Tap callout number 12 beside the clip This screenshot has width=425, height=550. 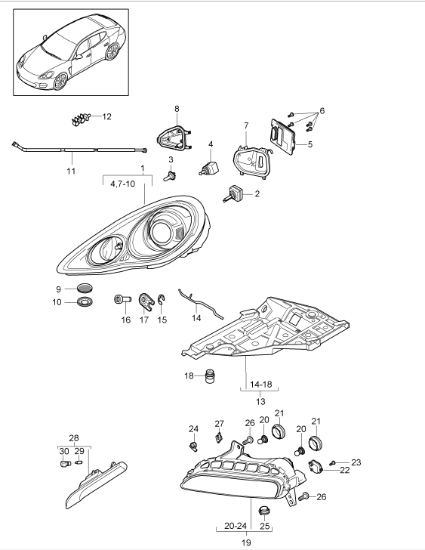[x=106, y=116]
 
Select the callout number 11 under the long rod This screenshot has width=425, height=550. [x=70, y=172]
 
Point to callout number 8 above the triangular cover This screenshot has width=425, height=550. [x=177, y=110]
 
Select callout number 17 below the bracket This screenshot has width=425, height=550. [x=143, y=320]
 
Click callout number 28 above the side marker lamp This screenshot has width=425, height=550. [x=74, y=439]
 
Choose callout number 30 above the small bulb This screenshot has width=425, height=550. [x=63, y=450]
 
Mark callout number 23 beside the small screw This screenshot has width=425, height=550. [x=356, y=462]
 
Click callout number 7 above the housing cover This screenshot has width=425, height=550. [x=245, y=125]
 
